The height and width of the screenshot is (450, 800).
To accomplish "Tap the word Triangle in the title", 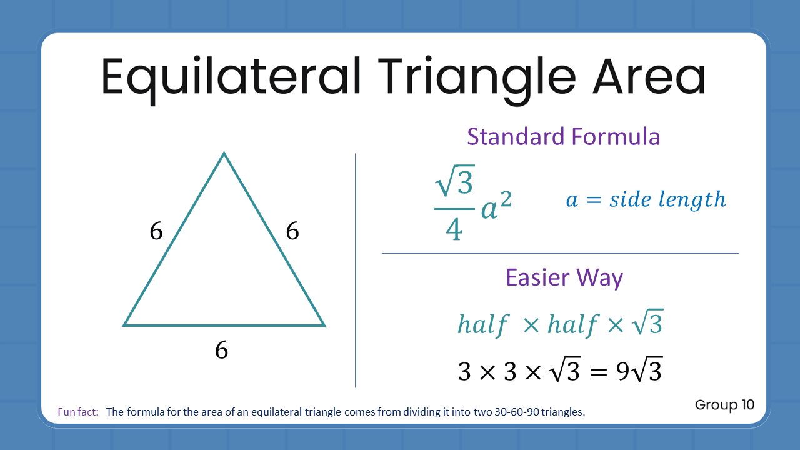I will click(x=476, y=77).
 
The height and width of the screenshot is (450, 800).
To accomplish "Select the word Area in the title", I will click(x=649, y=77).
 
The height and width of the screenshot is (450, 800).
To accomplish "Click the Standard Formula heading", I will click(x=563, y=136).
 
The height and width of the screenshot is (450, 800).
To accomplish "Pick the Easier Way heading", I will click(x=564, y=277).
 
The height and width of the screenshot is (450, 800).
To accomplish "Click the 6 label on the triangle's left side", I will click(x=156, y=232).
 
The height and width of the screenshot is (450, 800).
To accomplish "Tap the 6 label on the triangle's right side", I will click(x=292, y=232).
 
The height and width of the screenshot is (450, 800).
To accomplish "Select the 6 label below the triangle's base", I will click(x=221, y=351).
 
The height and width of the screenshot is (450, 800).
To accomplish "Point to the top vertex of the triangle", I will click(x=224, y=153).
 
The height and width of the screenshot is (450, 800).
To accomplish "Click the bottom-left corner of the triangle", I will click(x=125, y=325).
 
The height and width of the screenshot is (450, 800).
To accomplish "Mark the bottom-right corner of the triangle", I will click(x=324, y=325).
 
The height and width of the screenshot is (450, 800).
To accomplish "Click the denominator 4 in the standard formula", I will click(x=454, y=229).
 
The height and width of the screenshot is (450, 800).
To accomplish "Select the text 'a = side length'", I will click(x=646, y=199).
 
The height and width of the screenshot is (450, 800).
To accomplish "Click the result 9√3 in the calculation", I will click(x=639, y=371).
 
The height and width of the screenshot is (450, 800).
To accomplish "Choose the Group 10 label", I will click(x=724, y=405).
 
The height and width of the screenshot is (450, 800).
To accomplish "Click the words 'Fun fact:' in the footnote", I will click(x=78, y=412).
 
